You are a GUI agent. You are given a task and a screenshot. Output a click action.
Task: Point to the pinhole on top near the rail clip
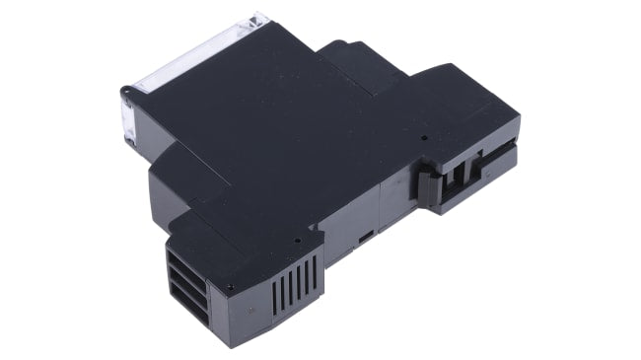(425, 138)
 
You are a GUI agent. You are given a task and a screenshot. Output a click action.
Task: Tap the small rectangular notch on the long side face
(364, 239)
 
